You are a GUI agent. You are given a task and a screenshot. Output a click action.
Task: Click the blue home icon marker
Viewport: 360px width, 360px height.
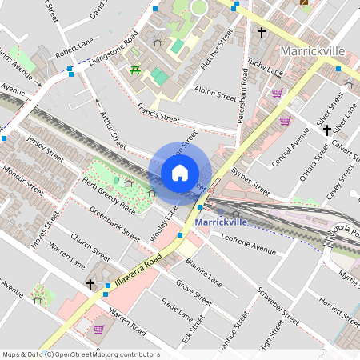pos(180,172)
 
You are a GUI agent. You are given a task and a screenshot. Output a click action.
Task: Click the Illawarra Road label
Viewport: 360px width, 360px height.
pos(138,269)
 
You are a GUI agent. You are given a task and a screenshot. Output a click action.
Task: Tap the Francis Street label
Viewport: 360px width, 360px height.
pos(158,116)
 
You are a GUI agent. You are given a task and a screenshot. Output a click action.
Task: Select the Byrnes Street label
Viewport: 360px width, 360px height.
pos(250,182)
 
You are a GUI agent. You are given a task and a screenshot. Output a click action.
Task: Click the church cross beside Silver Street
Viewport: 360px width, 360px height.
pos(327,129)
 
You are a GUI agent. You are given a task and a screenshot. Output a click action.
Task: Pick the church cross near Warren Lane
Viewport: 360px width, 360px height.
pos(90,284)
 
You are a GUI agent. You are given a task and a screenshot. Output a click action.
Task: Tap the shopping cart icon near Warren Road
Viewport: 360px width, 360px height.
pos(98,329)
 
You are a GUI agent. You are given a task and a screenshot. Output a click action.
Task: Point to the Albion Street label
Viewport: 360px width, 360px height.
pos(215,95)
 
